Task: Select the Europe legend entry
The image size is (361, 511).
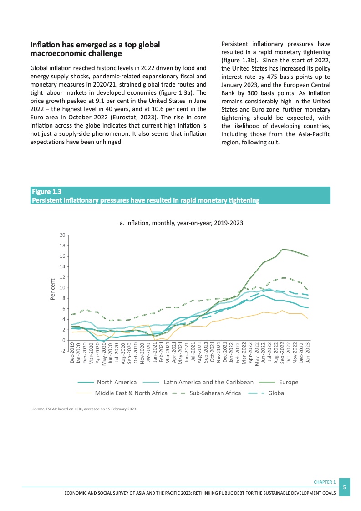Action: pyautogui.click(x=289, y=382)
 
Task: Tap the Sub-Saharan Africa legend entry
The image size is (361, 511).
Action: pyautogui.click(x=215, y=393)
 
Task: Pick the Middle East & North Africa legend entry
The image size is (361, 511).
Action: pyautogui.click(x=131, y=393)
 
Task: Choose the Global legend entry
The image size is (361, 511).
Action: pyautogui.click(x=277, y=393)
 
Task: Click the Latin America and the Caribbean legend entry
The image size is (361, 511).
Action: pyautogui.click(x=208, y=382)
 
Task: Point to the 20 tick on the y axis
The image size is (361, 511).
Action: pyautogui.click(x=62, y=235)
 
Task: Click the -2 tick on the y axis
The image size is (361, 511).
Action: pyautogui.click(x=62, y=351)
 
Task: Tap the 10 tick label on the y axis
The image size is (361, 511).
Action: pyautogui.click(x=62, y=288)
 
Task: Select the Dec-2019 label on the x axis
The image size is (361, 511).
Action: pyautogui.click(x=72, y=354)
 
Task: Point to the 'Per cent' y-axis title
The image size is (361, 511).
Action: pyautogui.click(x=52, y=289)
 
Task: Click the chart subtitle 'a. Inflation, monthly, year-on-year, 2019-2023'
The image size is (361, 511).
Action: pyautogui.click(x=181, y=223)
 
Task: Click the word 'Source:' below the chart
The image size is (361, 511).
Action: pyautogui.click(x=38, y=409)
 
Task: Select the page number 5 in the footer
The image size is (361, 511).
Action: pyautogui.click(x=345, y=487)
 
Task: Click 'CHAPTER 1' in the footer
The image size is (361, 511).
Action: pyautogui.click(x=325, y=482)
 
